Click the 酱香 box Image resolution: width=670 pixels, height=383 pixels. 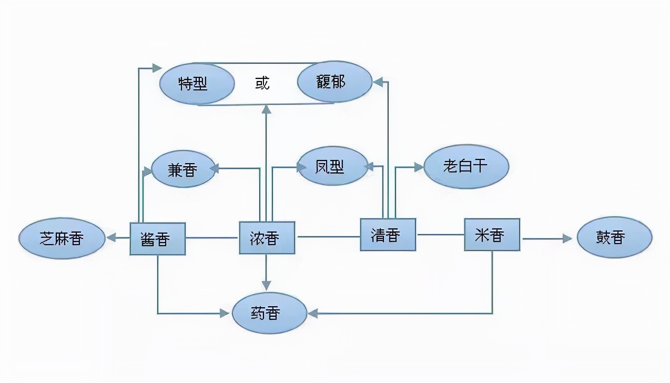click(157, 239)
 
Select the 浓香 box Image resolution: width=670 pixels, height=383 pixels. click(267, 238)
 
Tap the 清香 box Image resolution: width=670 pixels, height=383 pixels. click(388, 235)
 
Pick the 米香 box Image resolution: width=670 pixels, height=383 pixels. click(492, 235)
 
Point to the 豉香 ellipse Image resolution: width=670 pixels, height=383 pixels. click(614, 238)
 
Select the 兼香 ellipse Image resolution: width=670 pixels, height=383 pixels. click(183, 169)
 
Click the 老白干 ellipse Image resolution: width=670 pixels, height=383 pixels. click(466, 166)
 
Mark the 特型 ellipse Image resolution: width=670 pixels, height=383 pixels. click(196, 84)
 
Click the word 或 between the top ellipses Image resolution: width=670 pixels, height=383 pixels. click(262, 83)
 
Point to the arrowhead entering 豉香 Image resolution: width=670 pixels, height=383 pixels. click(567, 239)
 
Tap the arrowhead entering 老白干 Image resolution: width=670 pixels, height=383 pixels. click(419, 167)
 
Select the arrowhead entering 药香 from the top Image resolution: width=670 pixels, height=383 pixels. click(267, 285)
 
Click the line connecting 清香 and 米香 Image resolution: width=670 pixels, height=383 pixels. click(440, 235)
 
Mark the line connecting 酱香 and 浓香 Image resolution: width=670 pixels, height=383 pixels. click(212, 238)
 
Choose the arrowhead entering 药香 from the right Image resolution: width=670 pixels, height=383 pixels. click(313, 314)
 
